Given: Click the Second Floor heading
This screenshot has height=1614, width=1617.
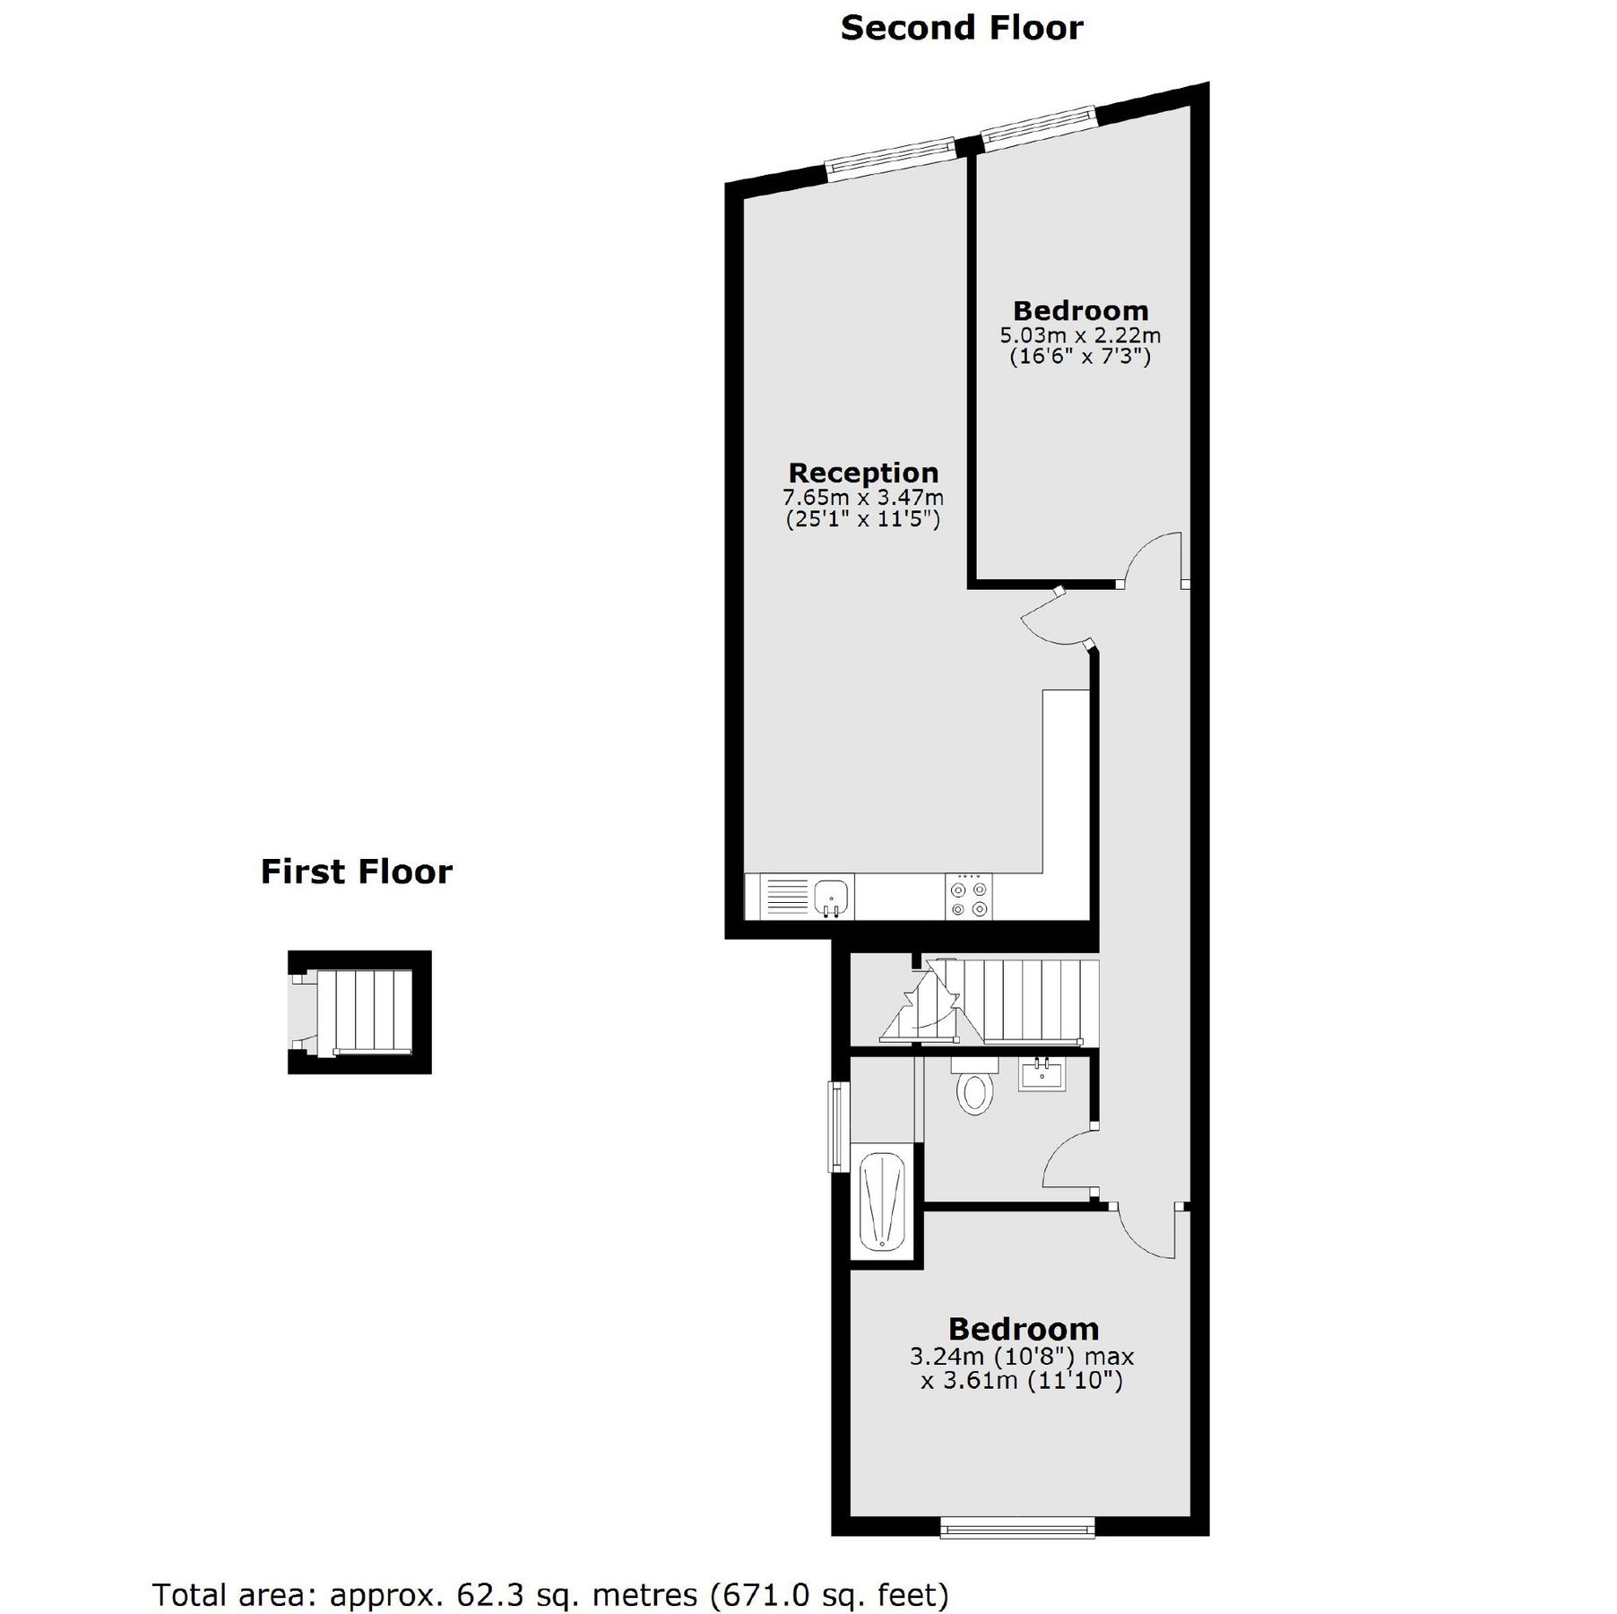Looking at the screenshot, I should point(961,29).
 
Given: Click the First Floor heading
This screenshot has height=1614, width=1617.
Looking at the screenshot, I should point(356,872).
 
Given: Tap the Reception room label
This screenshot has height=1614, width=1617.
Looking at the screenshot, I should point(863,473).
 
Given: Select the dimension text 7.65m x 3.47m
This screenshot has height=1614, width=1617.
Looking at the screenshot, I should point(863,497).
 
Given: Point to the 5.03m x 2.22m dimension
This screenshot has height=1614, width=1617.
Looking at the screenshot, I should point(1080,335).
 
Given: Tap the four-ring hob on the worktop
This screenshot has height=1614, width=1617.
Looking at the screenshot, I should point(969,898).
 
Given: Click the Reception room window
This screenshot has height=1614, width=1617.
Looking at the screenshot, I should point(889,158).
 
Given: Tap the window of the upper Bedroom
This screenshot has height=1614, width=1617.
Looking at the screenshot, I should point(1038,126).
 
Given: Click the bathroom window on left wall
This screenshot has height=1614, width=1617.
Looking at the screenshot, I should point(837,1126).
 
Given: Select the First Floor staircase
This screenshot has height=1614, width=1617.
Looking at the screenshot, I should point(364,1011).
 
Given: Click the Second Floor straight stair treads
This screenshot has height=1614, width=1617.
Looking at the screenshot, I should point(1040,1001).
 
